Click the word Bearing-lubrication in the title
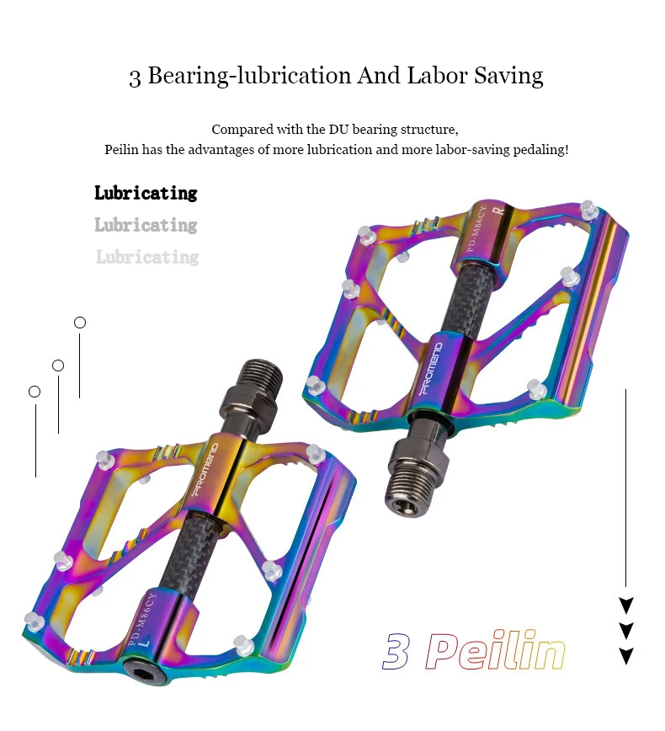(249, 76)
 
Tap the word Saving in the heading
(509, 77)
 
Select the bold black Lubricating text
(146, 193)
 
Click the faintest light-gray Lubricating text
(147, 257)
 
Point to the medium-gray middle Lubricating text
(146, 225)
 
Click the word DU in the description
(338, 129)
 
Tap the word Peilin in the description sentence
(121, 150)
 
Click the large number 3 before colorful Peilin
(396, 651)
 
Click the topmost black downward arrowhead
(626, 606)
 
